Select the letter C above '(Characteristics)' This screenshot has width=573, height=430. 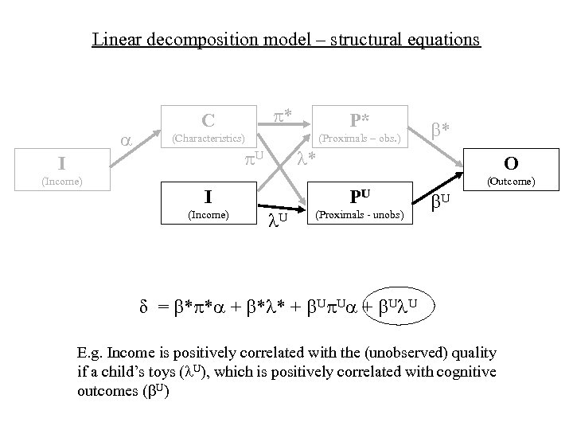pos(208,120)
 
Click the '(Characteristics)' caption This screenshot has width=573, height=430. pos(209,139)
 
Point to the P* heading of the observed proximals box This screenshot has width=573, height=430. pos(359,119)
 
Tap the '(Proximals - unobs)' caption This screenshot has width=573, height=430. pos(360,216)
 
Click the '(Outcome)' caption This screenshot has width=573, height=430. pos(512,182)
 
